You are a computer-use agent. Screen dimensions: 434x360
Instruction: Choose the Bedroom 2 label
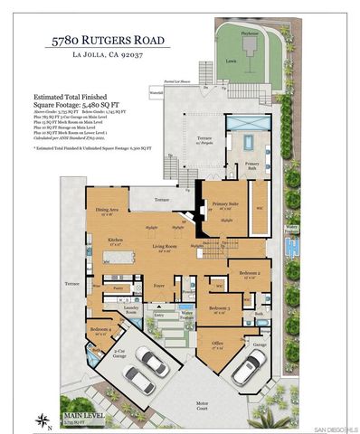(x=251, y=273)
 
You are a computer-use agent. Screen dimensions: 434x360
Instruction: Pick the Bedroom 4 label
(x=100, y=331)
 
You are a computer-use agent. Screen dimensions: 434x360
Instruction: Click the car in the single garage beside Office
(x=249, y=366)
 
